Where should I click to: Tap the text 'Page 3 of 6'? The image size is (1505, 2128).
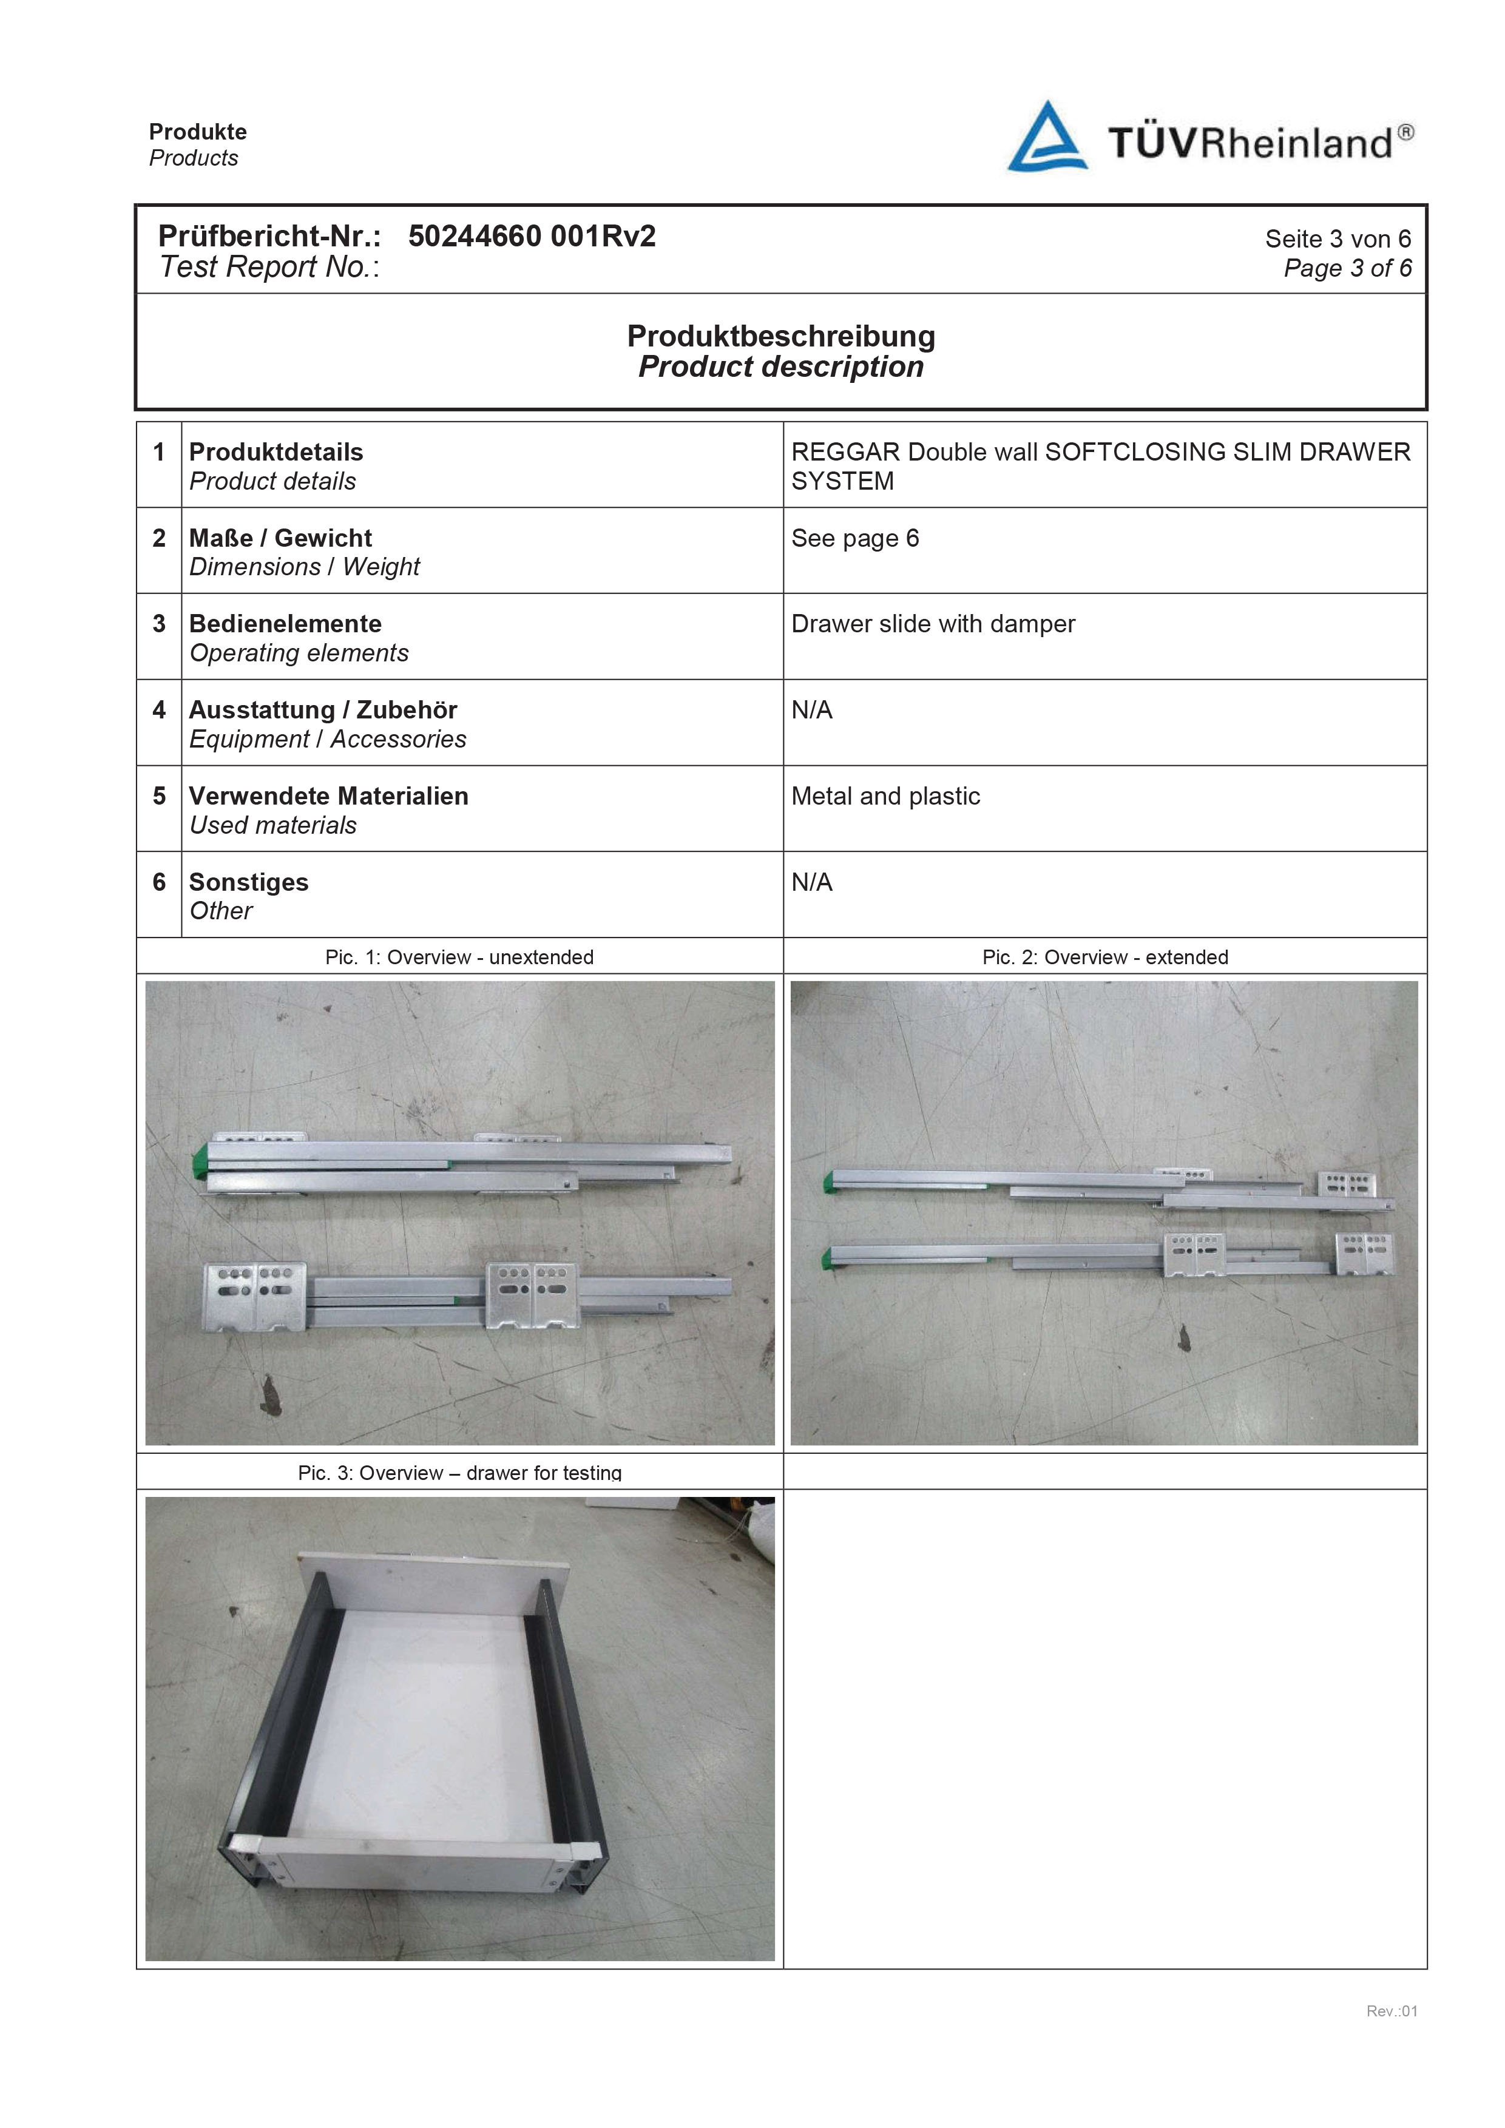pos(1347,269)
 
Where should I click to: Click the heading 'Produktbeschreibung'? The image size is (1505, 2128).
pos(780,336)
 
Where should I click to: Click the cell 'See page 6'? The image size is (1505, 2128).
pos(854,538)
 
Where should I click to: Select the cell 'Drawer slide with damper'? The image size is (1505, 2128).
pos(932,624)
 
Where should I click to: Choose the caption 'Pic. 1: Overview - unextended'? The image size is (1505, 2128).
pos(459,958)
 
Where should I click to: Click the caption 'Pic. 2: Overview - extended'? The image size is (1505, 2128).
pos(1104,958)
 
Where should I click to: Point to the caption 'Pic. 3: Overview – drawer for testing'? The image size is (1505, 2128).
pos(459,1473)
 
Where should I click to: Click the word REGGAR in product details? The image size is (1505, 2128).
pos(845,452)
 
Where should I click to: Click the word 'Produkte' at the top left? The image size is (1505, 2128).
pos(197,132)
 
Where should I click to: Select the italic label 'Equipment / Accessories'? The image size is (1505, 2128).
pos(327,740)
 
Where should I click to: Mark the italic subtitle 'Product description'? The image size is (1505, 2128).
pos(780,367)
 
